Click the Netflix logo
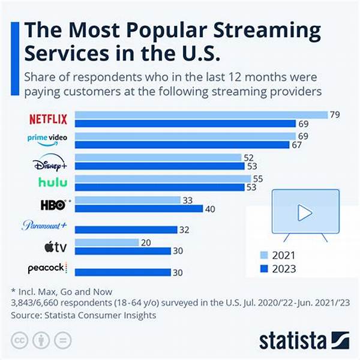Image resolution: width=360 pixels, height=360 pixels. [49, 119]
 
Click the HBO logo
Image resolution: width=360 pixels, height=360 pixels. [53, 205]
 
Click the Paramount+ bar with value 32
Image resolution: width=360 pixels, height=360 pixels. [126, 230]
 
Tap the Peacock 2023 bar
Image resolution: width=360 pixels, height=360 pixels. [123, 272]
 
